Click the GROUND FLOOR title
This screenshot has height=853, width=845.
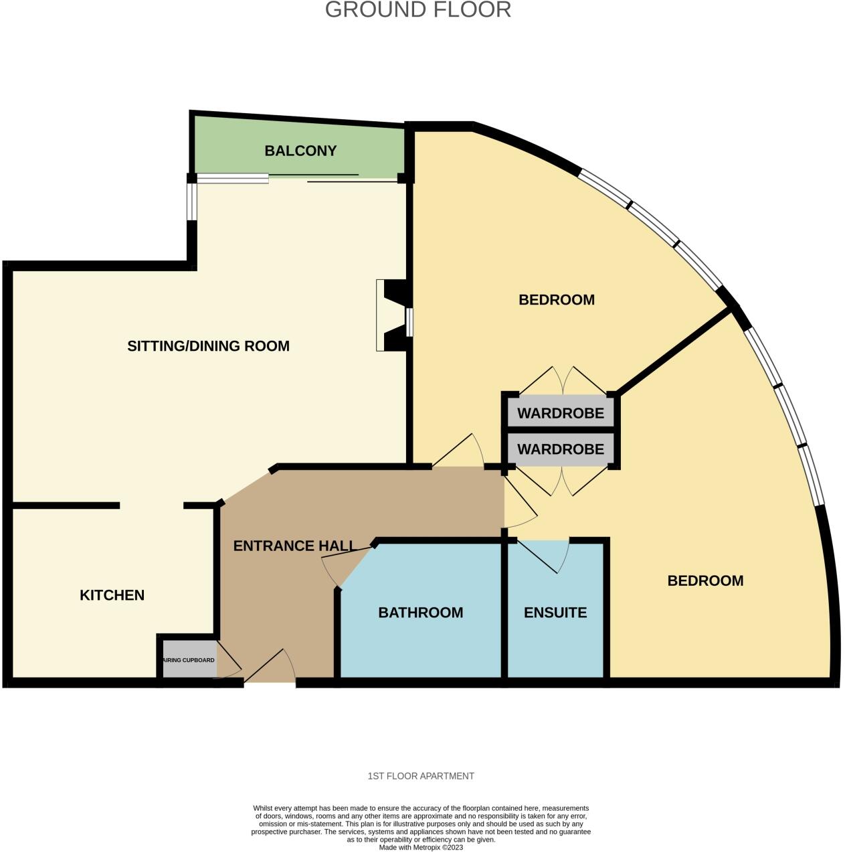(418, 10)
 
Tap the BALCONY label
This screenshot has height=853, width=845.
(300, 151)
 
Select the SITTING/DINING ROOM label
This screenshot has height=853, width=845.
(208, 346)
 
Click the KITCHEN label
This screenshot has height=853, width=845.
(112, 595)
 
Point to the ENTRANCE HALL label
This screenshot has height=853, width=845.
(294, 546)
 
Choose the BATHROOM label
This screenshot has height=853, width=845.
(420, 613)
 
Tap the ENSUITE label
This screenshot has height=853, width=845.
(555, 613)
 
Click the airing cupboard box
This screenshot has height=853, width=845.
(189, 660)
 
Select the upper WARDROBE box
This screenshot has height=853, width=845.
(561, 413)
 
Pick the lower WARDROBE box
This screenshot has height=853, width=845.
(561, 449)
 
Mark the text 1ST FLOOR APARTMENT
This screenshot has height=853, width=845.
(421, 776)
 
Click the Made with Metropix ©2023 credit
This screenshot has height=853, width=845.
(421, 847)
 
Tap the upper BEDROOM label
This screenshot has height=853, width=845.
(557, 300)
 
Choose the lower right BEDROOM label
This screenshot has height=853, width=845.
(705, 581)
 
